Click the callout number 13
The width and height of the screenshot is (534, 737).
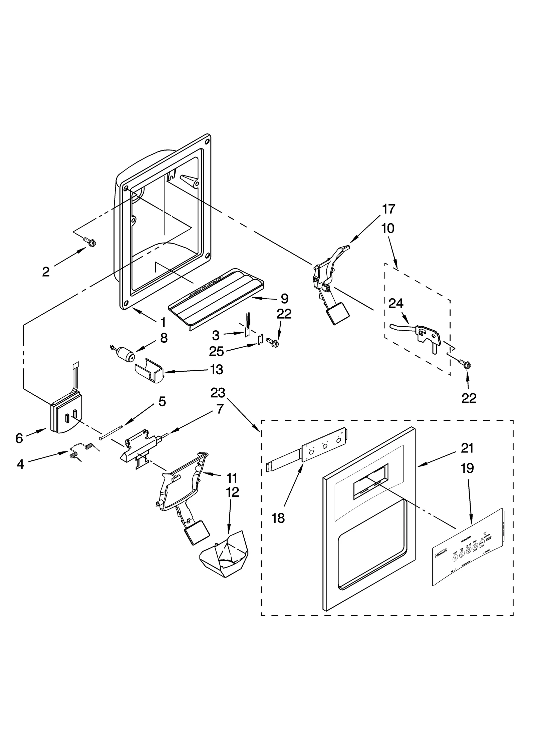[x=216, y=369]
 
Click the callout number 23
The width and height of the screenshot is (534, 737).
[x=218, y=393]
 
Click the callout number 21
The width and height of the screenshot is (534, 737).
[x=467, y=448]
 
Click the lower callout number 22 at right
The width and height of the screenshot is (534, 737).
[x=469, y=398]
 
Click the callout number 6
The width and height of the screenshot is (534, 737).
[x=19, y=438]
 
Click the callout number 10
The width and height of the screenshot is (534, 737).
[x=388, y=229]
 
